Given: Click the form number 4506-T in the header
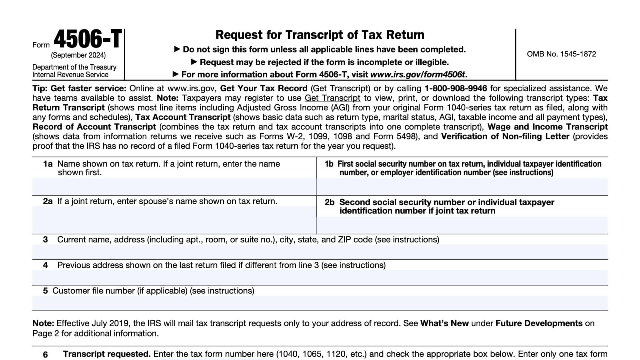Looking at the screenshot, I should click(x=88, y=39).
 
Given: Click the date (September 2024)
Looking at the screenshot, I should click(x=78, y=55).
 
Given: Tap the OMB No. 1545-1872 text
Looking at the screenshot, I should click(x=561, y=54).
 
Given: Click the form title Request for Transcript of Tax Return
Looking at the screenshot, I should click(x=320, y=35).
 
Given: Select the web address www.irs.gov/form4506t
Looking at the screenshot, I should click(x=417, y=75).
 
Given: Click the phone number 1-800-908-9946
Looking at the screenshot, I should click(x=456, y=88).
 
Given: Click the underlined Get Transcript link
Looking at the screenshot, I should click(x=332, y=98).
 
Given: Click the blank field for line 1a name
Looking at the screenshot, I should click(x=174, y=187).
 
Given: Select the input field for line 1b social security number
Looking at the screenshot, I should click(x=462, y=187).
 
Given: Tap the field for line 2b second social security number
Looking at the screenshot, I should click(x=462, y=225).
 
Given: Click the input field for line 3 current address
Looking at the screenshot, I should click(x=320, y=252).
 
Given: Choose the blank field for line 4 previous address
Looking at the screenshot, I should click(x=320, y=277).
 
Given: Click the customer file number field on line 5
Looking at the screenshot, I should click(x=320, y=303).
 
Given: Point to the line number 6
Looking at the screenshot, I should click(x=45, y=354).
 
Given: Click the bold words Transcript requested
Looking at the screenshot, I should click(x=107, y=354).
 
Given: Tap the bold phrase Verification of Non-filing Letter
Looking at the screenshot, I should click(x=505, y=137).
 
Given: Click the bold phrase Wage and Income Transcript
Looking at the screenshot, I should click(x=547, y=127).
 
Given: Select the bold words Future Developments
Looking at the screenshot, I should click(x=539, y=323).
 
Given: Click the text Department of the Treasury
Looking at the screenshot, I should click(x=74, y=67).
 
